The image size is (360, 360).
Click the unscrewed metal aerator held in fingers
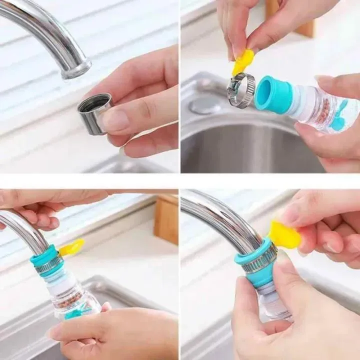[x=94, y=113]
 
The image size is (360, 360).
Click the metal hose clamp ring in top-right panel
[x=241, y=90]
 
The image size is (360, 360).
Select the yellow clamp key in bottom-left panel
[x=71, y=247]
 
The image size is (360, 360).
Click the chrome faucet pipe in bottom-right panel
[x=220, y=215]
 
